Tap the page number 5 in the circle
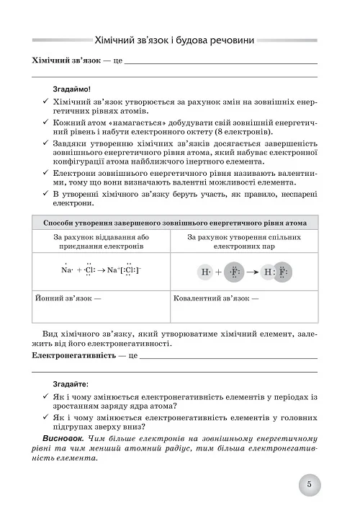click(x=308, y=484)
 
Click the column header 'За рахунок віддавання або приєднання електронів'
click(x=99, y=241)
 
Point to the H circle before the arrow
click(x=206, y=272)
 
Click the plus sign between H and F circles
click(x=220, y=272)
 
